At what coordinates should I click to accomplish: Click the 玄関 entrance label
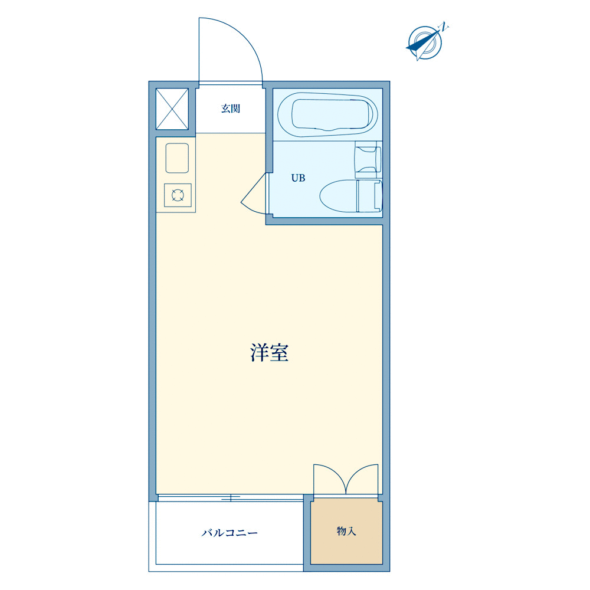coord(230,109)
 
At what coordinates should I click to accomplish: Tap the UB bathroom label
coord(298,178)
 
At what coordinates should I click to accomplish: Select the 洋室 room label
coord(270,353)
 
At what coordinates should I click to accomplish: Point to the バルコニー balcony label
coord(230,533)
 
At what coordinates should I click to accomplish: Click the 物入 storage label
coord(346,531)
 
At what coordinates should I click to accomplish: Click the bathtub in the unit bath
coord(327,114)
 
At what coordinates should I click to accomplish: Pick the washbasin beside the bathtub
coord(368,159)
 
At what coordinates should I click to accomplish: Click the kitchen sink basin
coord(177,158)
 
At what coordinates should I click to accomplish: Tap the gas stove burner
coord(178,195)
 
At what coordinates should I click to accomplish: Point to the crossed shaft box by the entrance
coord(172,109)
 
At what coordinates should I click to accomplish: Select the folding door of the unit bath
coord(254,194)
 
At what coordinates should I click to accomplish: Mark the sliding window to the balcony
coord(231,498)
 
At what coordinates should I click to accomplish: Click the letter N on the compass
coord(444,27)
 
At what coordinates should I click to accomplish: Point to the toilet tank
coord(369,196)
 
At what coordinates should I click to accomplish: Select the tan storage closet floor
coord(346,531)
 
